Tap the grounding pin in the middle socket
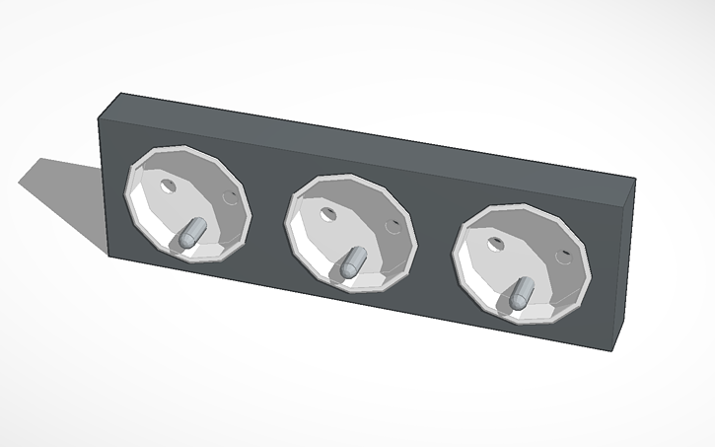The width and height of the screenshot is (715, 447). point(350,262)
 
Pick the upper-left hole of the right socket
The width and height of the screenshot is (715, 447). point(496,241)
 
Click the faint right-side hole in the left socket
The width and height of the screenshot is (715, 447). point(233,198)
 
